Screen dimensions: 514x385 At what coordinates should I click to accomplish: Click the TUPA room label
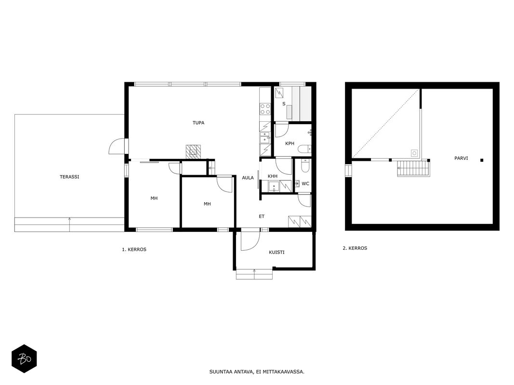tap(198, 123)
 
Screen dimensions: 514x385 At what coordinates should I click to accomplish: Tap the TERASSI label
tap(69, 177)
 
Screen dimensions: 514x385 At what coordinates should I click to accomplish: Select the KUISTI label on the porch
tap(277, 252)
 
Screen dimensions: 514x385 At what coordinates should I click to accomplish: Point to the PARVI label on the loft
tap(461, 158)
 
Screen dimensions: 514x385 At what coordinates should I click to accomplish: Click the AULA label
tap(248, 178)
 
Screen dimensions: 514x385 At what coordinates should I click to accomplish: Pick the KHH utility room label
tap(272, 176)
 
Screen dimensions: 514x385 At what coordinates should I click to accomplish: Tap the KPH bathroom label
tap(290, 143)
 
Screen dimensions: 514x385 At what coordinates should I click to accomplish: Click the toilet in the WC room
tap(305, 166)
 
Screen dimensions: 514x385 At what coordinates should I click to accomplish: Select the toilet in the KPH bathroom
tap(304, 149)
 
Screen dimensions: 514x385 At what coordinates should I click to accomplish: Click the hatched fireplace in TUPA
tap(193, 152)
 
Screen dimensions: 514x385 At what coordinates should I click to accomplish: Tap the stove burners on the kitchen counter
tap(265, 109)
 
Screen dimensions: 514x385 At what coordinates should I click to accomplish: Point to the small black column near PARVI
tap(482, 160)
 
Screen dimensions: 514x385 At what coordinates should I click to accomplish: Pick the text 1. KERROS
tap(134, 249)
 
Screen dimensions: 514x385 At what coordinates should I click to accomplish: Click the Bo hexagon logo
tap(24, 359)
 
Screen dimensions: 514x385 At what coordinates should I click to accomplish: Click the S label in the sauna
tap(284, 104)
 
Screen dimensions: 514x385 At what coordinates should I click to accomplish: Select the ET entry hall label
tap(262, 217)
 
